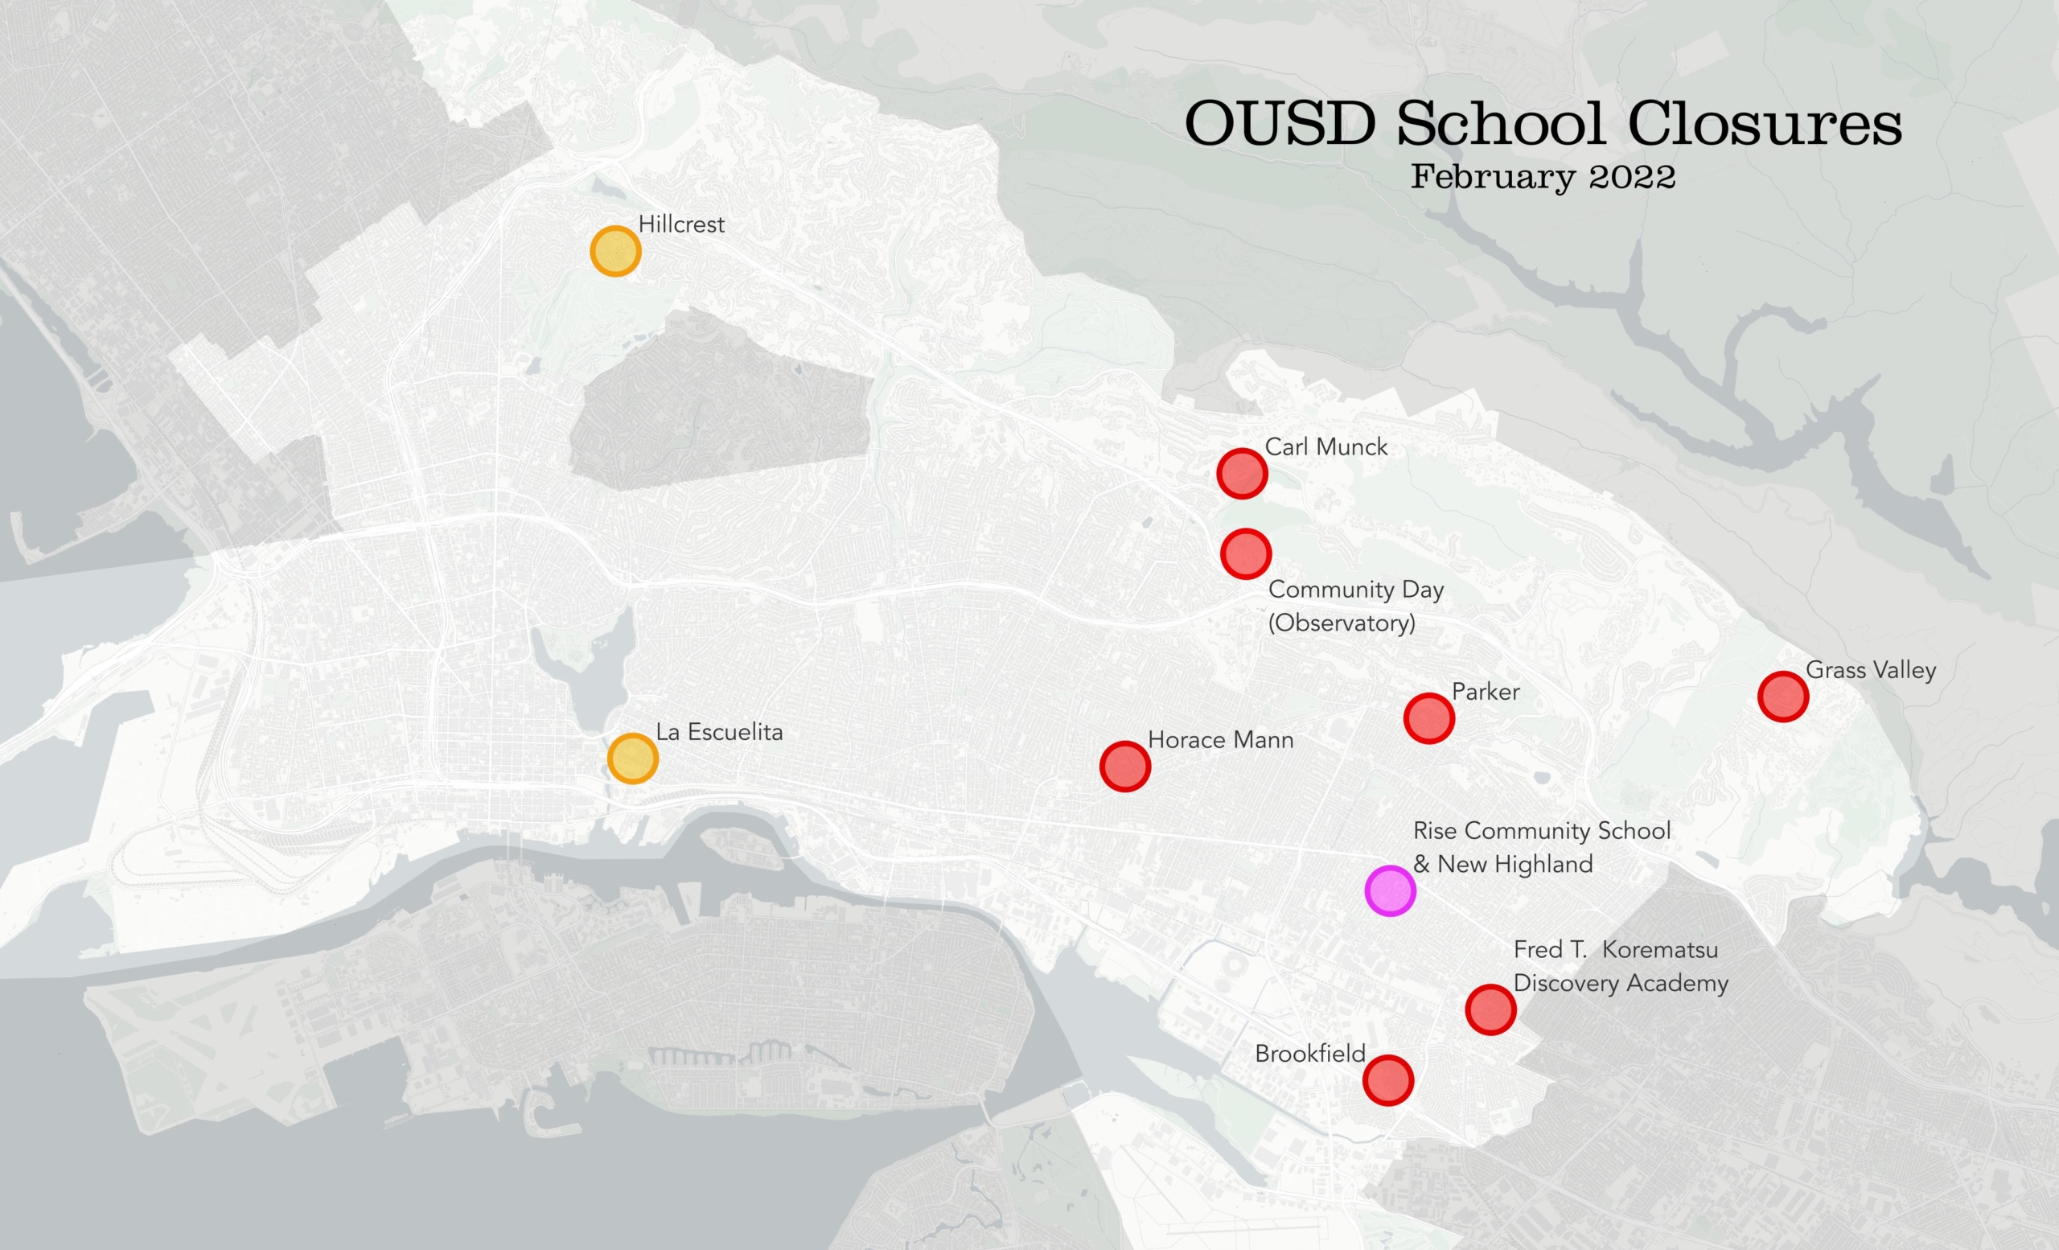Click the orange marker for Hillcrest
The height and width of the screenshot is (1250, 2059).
point(615,251)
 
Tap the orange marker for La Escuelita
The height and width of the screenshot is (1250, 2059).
point(632,759)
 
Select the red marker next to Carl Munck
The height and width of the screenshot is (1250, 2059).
point(1242,474)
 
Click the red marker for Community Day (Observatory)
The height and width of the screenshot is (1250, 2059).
point(1246,553)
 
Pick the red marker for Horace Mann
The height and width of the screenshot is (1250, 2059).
point(1124,767)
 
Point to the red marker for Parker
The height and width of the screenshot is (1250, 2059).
point(1429,718)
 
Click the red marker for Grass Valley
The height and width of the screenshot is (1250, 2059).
point(1783,696)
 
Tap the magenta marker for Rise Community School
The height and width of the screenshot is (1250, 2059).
point(1390,890)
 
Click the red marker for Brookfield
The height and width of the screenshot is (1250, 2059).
point(1388,1080)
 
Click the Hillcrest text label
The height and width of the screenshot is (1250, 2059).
point(681,224)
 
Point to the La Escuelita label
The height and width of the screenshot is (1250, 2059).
point(719,732)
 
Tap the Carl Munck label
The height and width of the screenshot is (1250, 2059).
point(1326,447)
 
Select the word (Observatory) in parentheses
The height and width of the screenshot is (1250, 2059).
point(1342,623)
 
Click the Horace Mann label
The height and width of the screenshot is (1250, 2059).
point(1220,739)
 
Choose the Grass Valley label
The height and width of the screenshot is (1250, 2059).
point(1870,669)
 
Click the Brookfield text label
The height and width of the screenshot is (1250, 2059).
point(1309,1054)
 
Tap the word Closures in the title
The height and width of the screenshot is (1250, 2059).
point(1764,124)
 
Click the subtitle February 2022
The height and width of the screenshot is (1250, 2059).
point(1543,177)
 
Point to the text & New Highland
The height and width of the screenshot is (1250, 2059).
point(1502,864)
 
